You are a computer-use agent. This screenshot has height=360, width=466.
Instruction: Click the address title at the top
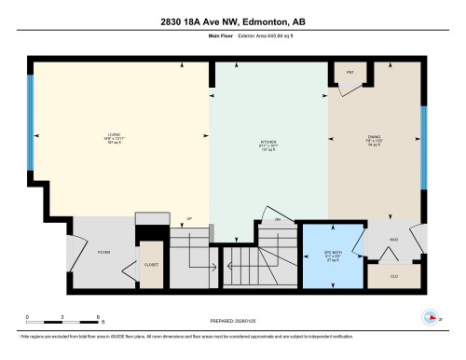(233, 22)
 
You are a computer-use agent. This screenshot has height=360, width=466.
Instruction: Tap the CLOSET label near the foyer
(150, 264)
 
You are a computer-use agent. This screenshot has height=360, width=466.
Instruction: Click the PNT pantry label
(350, 71)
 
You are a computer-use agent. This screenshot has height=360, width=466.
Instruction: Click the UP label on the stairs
(189, 219)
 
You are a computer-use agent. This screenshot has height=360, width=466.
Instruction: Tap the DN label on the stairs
(277, 220)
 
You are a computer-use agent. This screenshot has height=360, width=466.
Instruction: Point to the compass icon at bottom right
(431, 316)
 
